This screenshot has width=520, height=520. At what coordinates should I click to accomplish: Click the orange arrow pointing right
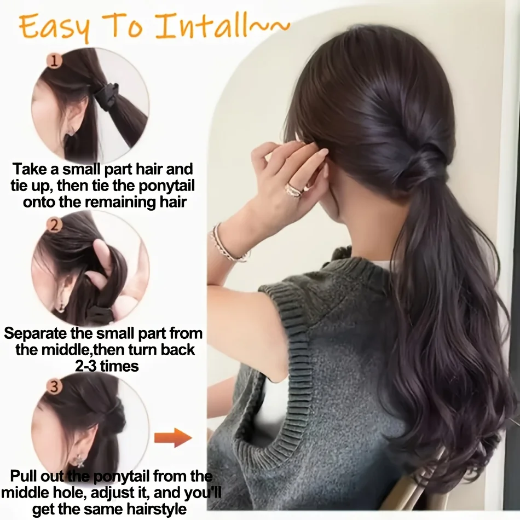(172, 437)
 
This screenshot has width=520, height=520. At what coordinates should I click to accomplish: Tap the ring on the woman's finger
(294, 189)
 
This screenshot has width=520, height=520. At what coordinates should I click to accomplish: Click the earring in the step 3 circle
(80, 460)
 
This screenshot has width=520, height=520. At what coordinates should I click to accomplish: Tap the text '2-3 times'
(107, 366)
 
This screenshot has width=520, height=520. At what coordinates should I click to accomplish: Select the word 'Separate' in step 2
(38, 333)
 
